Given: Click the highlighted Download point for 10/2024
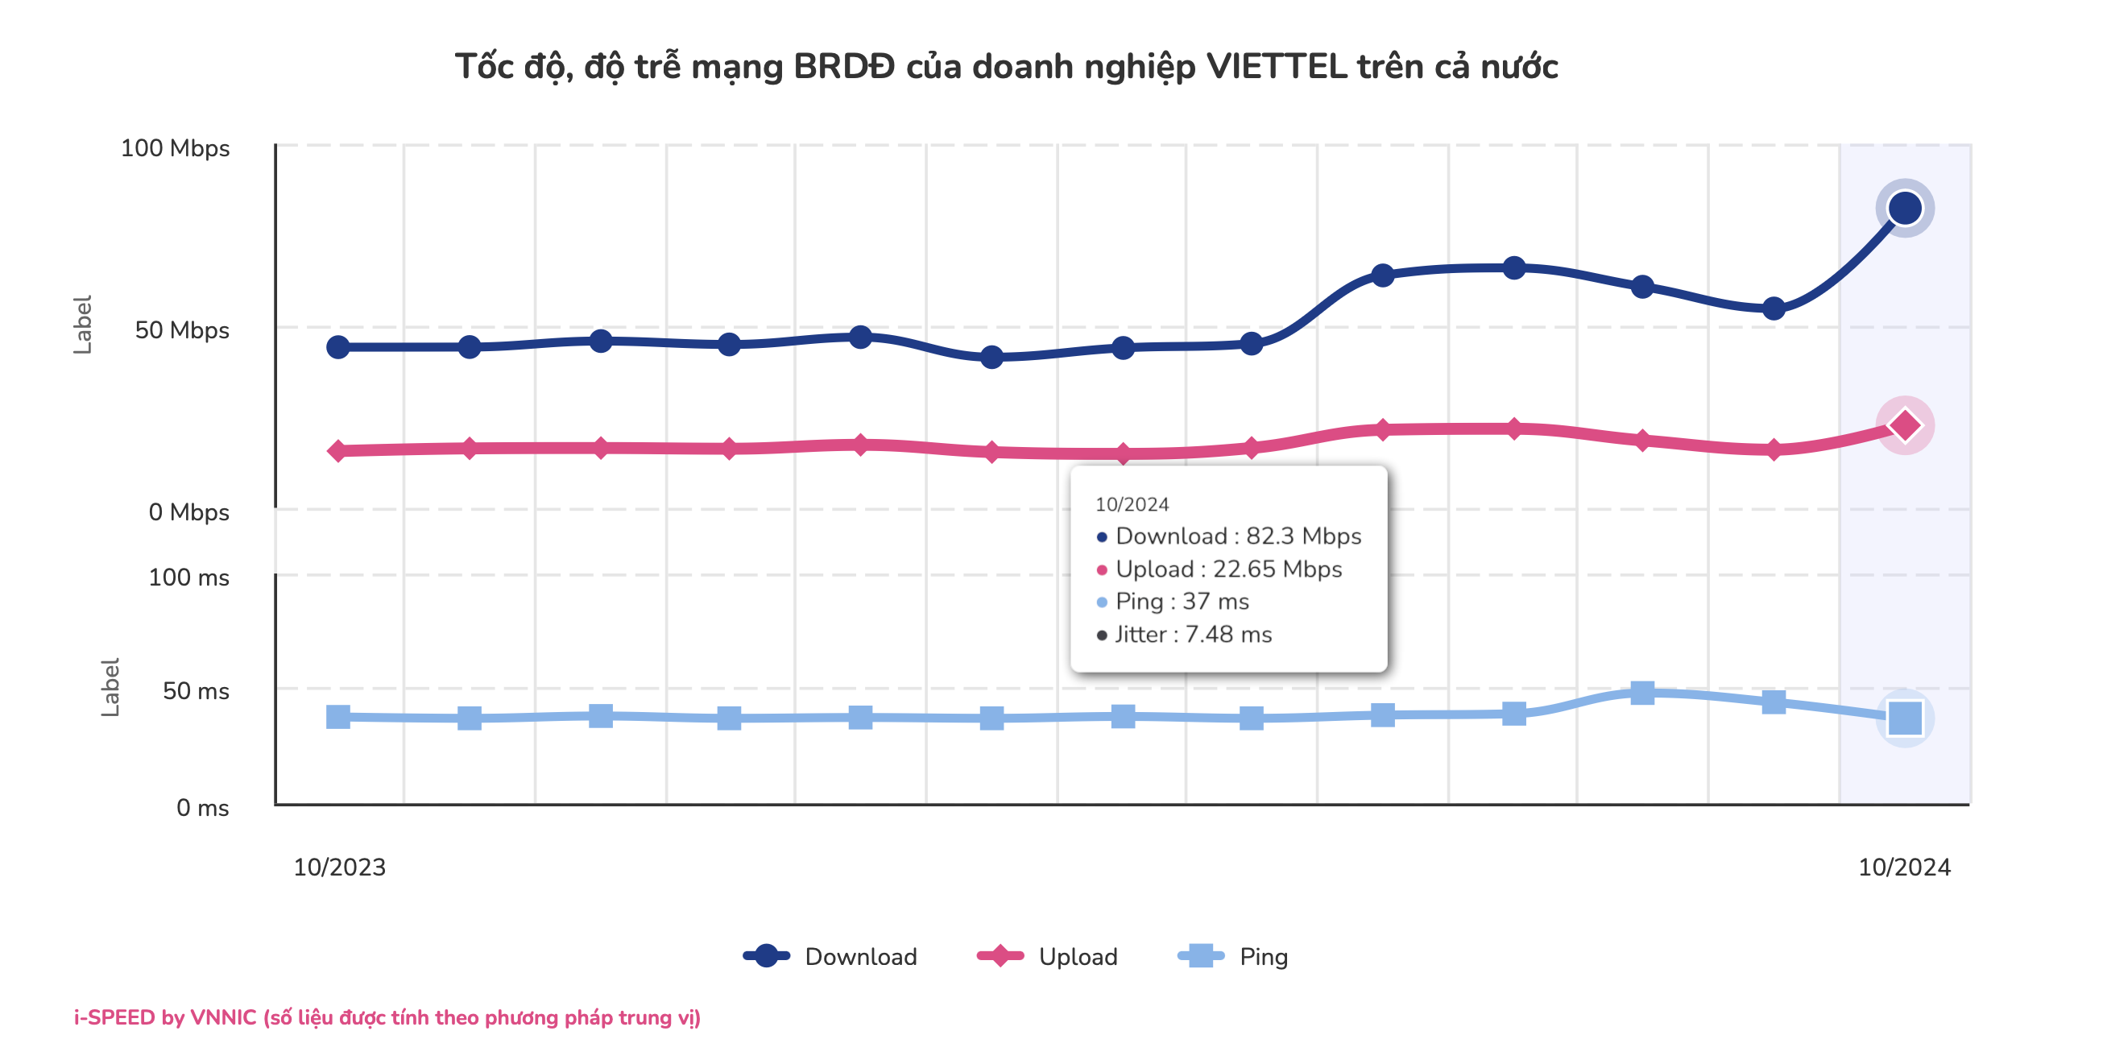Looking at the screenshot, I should pyautogui.click(x=1904, y=208).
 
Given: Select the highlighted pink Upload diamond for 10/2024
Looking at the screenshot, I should pyautogui.click(x=1904, y=425).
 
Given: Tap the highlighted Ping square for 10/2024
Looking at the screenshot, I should pyautogui.click(x=1904, y=718).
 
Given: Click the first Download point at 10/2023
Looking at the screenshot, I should pyautogui.click(x=337, y=347).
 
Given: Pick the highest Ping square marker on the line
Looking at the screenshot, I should pyautogui.click(x=1641, y=693).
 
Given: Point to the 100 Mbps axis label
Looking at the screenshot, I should pyautogui.click(x=175, y=148).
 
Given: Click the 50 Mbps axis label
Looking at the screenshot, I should pyautogui.click(x=181, y=329).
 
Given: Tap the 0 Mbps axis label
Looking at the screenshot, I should pyautogui.click(x=188, y=512).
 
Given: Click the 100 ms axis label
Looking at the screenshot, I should pyautogui.click(x=188, y=578).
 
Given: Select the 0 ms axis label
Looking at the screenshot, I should pyautogui.click(x=202, y=808).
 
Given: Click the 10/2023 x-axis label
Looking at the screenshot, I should pyautogui.click(x=339, y=867).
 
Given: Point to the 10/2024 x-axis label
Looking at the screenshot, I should pyautogui.click(x=1903, y=867).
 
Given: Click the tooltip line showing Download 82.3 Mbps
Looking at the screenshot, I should pyautogui.click(x=1236, y=536).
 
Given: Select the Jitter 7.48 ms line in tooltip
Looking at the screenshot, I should pyautogui.click(x=1193, y=634).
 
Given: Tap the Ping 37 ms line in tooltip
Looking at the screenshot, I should pyautogui.click(x=1181, y=601).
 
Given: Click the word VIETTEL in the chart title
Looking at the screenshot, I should pyautogui.click(x=1276, y=66).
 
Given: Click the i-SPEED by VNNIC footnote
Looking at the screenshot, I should pyautogui.click(x=386, y=1017).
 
